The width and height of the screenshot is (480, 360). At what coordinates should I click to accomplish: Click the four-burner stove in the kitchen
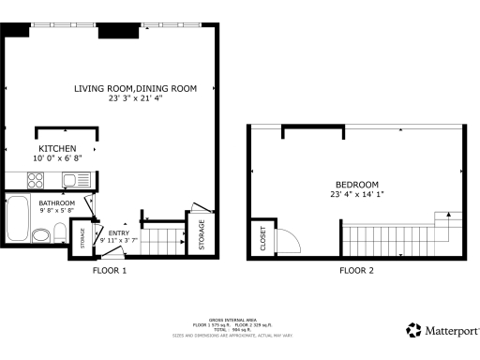23,181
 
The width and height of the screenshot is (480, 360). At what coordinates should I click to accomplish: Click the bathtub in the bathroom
18,218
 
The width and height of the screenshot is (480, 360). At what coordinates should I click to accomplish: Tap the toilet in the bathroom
58,232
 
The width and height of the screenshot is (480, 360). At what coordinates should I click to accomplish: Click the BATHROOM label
56,202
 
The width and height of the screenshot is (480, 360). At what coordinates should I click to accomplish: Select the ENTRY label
119,233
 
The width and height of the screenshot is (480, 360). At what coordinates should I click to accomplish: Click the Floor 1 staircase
162,240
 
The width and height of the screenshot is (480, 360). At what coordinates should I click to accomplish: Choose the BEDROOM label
356,184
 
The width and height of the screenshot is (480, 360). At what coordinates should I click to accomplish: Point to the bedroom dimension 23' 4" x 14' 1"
356,194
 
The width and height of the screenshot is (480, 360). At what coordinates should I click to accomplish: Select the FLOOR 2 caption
356,270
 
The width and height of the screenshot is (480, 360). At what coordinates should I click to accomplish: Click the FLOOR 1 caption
109,270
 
